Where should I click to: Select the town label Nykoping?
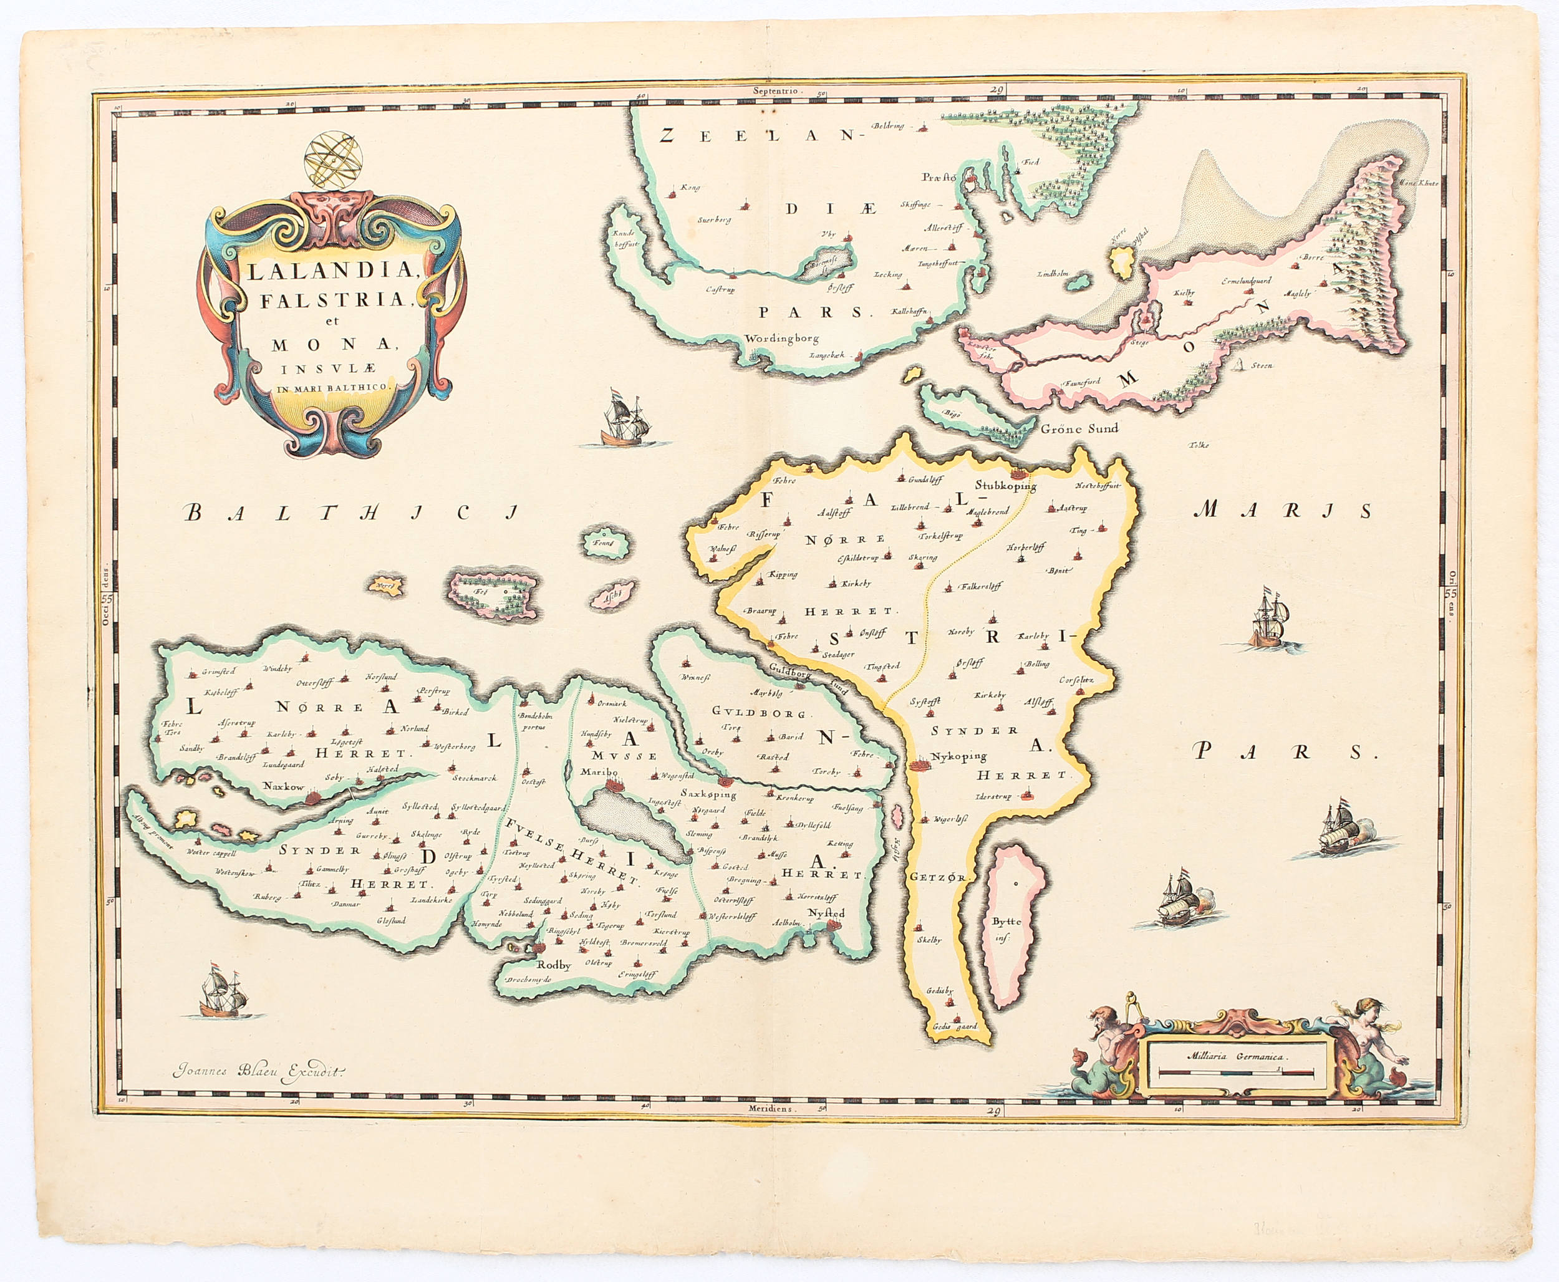tap(958, 756)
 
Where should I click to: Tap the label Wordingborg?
tap(781, 339)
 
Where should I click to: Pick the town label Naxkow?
tap(284, 786)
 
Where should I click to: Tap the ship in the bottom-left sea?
tap(222, 993)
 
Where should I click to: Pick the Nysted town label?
tap(826, 913)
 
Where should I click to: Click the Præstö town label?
tap(939, 177)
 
